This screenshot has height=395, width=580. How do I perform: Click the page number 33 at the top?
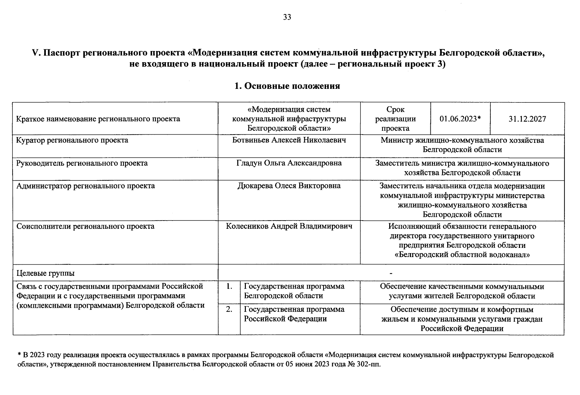click(287, 17)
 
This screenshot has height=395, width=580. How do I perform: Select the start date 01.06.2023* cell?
click(460, 119)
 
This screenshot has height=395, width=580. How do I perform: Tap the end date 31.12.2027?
click(527, 119)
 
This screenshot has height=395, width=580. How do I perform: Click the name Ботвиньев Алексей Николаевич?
click(289, 140)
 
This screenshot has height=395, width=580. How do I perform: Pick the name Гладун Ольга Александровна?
click(289, 163)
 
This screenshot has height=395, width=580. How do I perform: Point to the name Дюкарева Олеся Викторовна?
click(289, 186)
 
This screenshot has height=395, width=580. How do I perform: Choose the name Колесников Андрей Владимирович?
click(289, 226)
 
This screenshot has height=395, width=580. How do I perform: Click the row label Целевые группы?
click(45, 273)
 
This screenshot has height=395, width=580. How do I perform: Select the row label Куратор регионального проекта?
click(72, 140)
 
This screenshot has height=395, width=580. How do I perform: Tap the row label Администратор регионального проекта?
click(85, 186)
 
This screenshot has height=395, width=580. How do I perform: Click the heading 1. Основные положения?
click(287, 86)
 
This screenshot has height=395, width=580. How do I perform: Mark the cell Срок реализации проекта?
click(395, 119)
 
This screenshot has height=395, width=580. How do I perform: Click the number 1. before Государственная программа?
click(229, 286)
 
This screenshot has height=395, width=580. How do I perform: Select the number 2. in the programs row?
click(229, 309)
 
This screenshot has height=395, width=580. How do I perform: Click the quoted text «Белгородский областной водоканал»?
click(462, 255)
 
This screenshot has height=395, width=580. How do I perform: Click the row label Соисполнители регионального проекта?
click(85, 226)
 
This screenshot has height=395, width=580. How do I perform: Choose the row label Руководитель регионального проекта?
click(82, 163)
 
